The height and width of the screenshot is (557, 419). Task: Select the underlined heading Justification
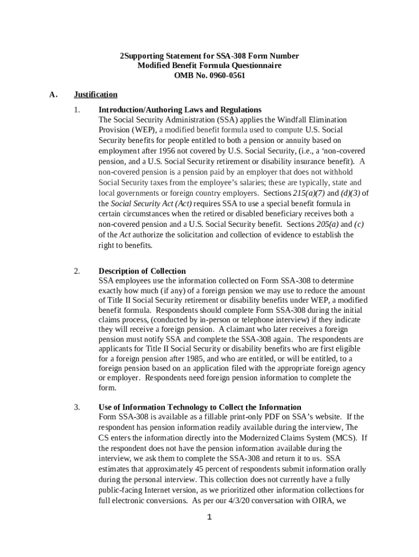[x=95, y=95]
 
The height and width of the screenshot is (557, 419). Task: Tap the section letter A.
[x=53, y=95]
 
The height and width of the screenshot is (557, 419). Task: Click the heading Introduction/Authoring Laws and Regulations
[x=180, y=109]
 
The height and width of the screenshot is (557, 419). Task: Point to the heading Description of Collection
[x=142, y=271]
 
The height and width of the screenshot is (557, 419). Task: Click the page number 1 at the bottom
[x=209, y=517]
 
